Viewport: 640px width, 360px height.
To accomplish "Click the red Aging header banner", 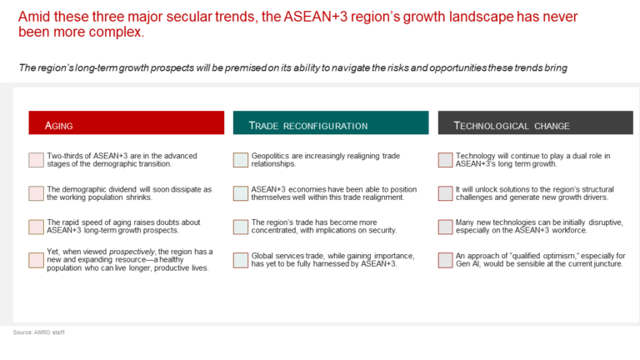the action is (x=126, y=122).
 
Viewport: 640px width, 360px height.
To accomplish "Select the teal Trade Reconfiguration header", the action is (x=331, y=122).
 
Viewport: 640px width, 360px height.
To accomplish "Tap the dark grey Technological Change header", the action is (x=536, y=122).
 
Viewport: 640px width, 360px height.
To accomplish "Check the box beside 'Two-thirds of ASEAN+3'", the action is (x=37, y=160).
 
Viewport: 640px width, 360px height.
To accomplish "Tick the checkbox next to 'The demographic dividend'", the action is (x=37, y=193).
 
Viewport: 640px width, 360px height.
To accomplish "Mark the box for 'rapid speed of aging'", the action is (x=37, y=227).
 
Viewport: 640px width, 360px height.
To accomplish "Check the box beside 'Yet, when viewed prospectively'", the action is (x=37, y=260).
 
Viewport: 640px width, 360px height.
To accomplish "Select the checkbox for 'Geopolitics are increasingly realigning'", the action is (x=241, y=160).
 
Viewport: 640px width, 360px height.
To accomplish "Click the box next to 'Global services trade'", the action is (x=241, y=260).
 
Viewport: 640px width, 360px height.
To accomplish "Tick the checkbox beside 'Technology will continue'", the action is (x=445, y=160).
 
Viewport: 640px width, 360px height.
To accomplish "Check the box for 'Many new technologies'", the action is (x=445, y=227).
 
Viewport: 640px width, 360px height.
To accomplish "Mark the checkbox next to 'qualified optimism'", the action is (x=445, y=260).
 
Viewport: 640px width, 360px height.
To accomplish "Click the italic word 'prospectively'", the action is (x=132, y=252).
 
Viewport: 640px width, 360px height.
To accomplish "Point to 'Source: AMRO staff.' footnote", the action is (x=39, y=332).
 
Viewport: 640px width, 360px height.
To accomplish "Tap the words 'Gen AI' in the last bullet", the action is (x=468, y=263).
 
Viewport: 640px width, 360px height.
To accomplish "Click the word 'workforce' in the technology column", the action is (x=569, y=230).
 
